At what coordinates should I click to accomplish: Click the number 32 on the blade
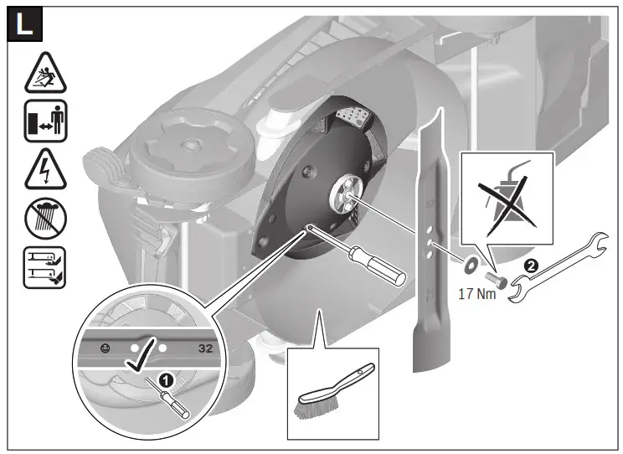[x=206, y=345]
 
